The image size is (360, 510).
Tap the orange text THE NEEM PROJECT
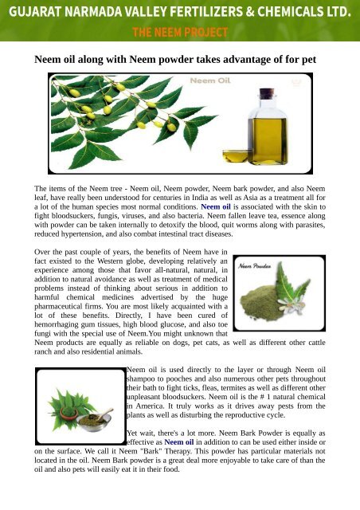[x=179, y=32]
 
